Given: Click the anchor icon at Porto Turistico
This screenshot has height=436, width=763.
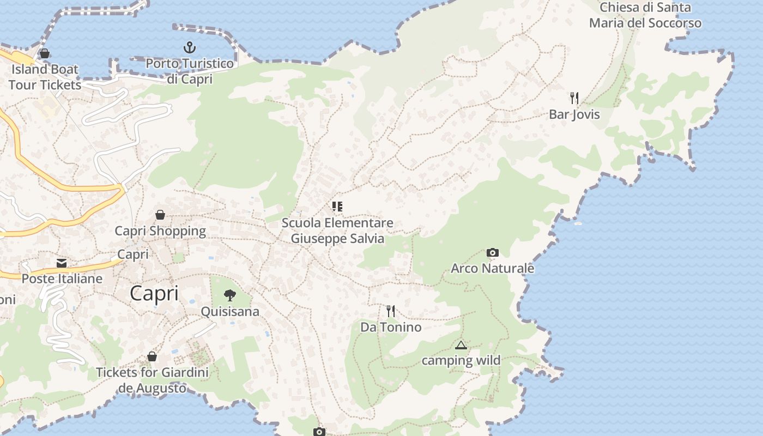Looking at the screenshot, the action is pos(189,47).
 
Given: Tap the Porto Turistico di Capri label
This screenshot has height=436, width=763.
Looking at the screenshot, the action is pos(189,71).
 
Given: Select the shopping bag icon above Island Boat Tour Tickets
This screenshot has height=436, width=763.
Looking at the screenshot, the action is pos(45,53).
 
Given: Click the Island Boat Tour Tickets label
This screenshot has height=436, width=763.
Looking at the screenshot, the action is pos(45,77).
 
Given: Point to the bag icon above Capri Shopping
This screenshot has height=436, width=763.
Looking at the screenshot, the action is pos(160,215).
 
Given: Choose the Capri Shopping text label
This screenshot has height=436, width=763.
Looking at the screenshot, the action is pos(160,231).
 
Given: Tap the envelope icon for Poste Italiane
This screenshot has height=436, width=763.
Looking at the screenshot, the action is pos(62,263).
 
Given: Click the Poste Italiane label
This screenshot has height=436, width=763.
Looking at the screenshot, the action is pos(62,278).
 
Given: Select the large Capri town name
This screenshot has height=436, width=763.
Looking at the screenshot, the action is pos(154,294).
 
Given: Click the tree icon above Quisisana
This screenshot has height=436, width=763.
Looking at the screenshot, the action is pos(230,295).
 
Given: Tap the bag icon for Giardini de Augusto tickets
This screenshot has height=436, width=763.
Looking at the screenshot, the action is pos(152,356).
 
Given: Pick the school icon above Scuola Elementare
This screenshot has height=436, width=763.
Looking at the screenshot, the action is pos(337,207).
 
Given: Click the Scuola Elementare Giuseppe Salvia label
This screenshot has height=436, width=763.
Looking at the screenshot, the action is pos(337,231).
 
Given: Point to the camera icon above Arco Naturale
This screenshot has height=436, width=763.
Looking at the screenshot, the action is pos(492,252).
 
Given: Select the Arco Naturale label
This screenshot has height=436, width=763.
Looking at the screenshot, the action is pos(492,268).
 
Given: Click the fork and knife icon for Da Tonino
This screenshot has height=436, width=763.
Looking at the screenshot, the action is pos(391,311).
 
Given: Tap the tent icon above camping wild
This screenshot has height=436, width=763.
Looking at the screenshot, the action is pos(461,345).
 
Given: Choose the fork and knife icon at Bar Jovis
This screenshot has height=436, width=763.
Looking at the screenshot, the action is pos(574,98).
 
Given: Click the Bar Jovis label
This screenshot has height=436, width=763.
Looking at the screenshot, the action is pos(574,114).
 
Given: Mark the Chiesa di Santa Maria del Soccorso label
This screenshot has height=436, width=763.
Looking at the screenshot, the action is pos(645,15).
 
